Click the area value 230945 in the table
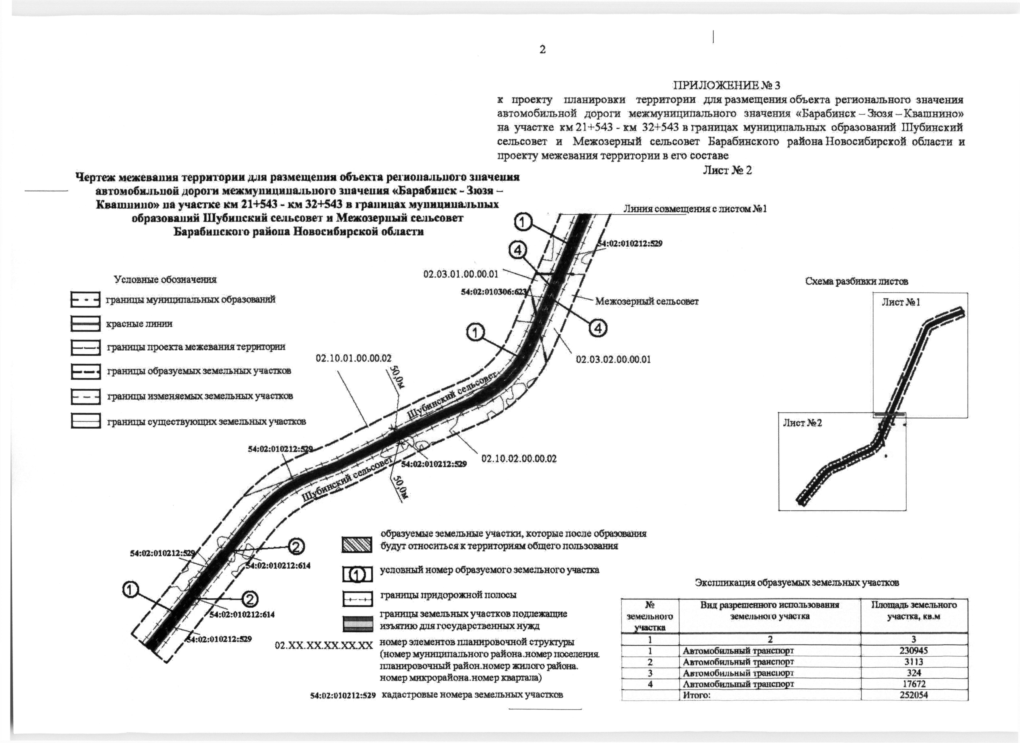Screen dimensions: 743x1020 (914, 650)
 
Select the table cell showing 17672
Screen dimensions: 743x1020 (914, 684)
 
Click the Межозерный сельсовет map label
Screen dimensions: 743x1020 (647, 301)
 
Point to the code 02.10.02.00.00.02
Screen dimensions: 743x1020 (519, 459)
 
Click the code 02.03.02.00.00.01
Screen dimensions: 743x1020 (613, 359)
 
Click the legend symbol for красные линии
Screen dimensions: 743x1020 (85, 324)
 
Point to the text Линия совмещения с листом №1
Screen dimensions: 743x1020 (695, 209)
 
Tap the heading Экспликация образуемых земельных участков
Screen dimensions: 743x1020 (797, 583)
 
